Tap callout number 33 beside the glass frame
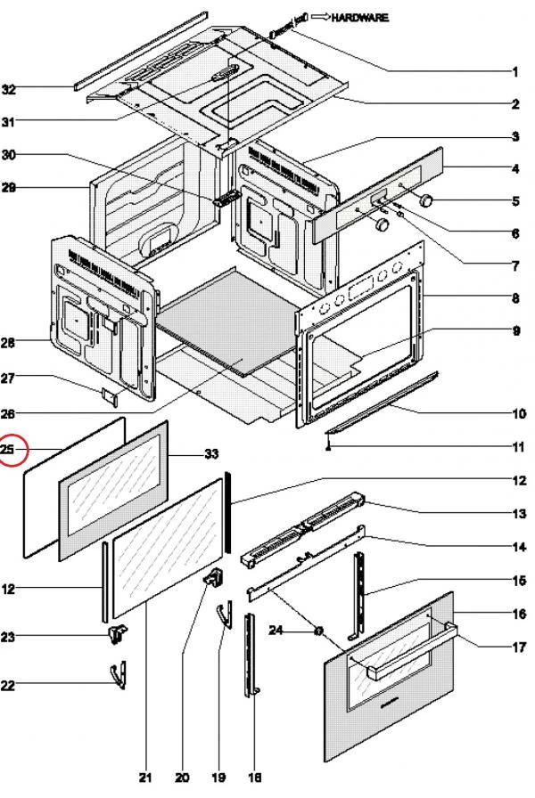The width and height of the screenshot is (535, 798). (x=211, y=454)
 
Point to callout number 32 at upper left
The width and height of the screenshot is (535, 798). (x=9, y=90)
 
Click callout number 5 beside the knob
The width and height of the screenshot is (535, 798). (x=515, y=201)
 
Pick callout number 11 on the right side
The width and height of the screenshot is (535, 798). (x=515, y=445)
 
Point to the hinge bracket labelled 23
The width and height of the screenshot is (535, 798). (x=116, y=633)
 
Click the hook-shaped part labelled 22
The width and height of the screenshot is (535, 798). (x=117, y=674)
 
